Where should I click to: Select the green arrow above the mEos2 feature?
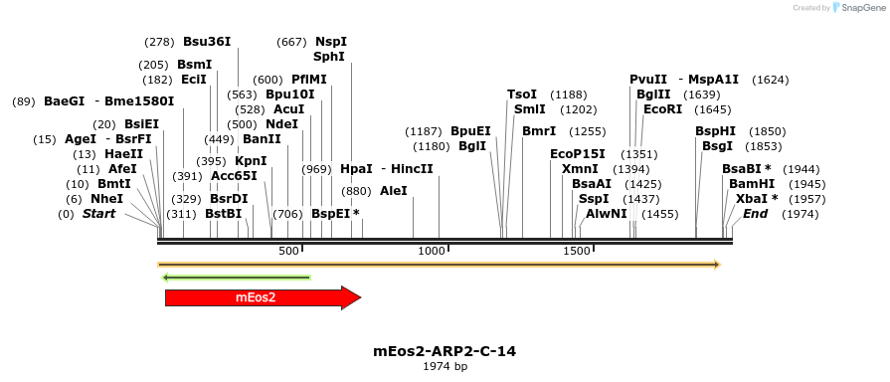coord(236,278)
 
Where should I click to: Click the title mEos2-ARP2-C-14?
coord(445,351)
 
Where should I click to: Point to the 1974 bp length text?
coord(445,367)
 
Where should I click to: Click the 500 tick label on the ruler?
coord(288,251)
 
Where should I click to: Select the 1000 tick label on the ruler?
coord(432,251)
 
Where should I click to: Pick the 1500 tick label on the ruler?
coord(578,251)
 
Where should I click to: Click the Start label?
coord(98,214)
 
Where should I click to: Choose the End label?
coord(755,214)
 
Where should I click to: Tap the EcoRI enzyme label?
coord(663,109)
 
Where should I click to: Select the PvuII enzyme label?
coord(648,80)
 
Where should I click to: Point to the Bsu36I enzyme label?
coord(207,42)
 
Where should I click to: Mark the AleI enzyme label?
coord(393,191)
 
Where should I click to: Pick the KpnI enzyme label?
coord(251,161)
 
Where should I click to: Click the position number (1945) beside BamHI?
coord(805,184)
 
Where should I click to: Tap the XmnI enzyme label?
coord(580,169)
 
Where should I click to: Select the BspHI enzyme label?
coord(715,131)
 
